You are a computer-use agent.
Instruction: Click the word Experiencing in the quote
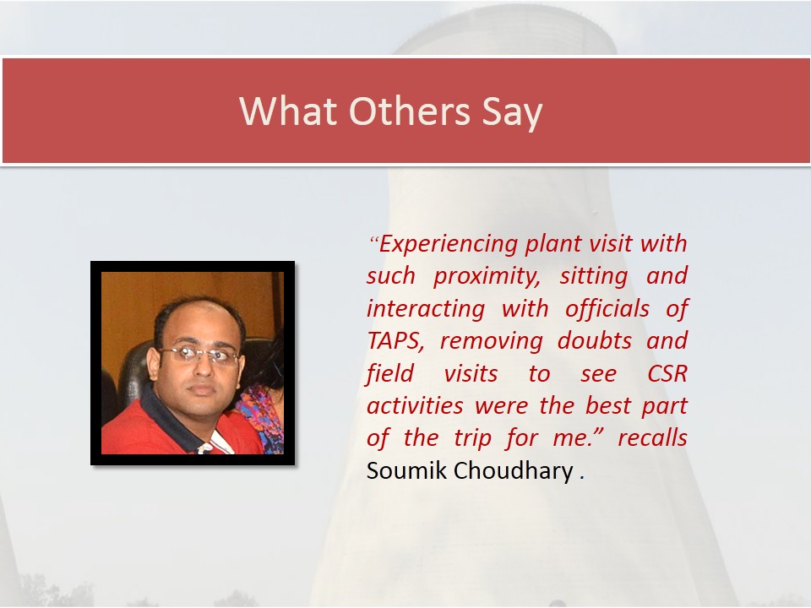[448, 244]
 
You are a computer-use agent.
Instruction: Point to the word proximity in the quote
[487, 277]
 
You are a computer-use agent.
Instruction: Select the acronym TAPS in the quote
[395, 341]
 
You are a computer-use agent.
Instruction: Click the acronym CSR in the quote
[667, 374]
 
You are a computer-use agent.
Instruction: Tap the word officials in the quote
[607, 309]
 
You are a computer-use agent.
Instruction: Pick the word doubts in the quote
[595, 341]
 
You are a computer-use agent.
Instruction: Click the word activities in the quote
[415, 406]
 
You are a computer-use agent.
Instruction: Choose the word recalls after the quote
[652, 438]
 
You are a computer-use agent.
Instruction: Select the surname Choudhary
[514, 471]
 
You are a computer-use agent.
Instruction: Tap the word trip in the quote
[473, 439]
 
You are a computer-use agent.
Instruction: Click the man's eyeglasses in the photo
[199, 355]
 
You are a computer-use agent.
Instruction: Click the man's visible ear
[154, 363]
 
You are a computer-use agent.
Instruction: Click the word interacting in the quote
[426, 310]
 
